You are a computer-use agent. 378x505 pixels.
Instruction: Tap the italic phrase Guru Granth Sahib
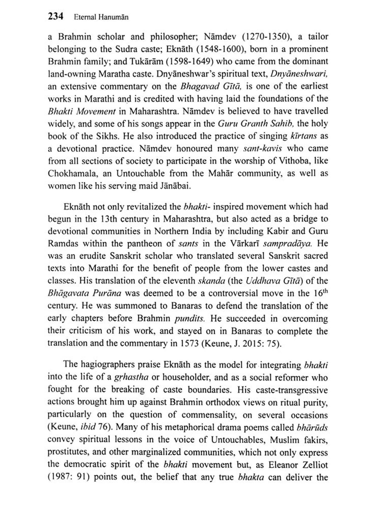256,123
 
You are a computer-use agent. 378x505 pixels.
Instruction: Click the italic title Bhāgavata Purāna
84,293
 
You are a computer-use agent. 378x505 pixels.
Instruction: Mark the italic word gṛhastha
131,377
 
